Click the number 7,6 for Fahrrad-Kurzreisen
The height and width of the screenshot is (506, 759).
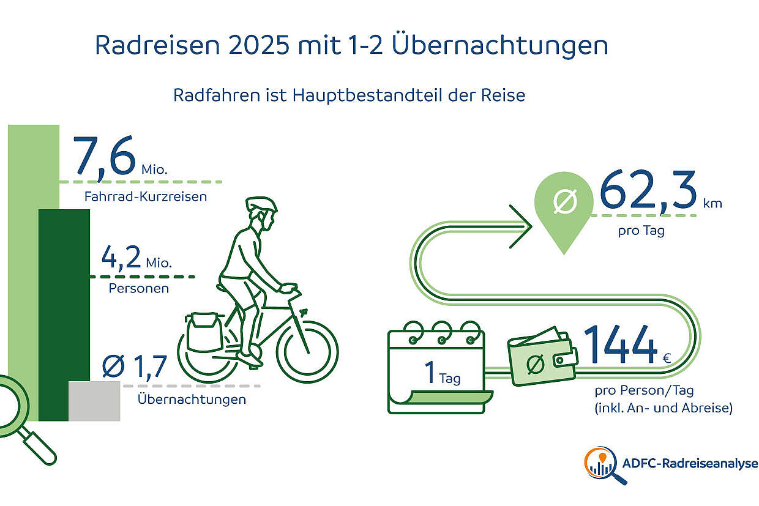click(x=104, y=157)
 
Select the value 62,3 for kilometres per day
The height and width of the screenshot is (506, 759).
click(x=648, y=190)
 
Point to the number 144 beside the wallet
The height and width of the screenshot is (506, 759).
click(x=619, y=344)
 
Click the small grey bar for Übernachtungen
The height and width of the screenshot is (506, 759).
click(x=94, y=401)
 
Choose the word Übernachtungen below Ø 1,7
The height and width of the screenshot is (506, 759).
click(x=192, y=400)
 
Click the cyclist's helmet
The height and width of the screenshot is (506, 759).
click(x=261, y=204)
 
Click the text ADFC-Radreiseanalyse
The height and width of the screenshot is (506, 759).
click(x=689, y=464)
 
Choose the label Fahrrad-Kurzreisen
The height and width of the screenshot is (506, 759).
click(x=146, y=197)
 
